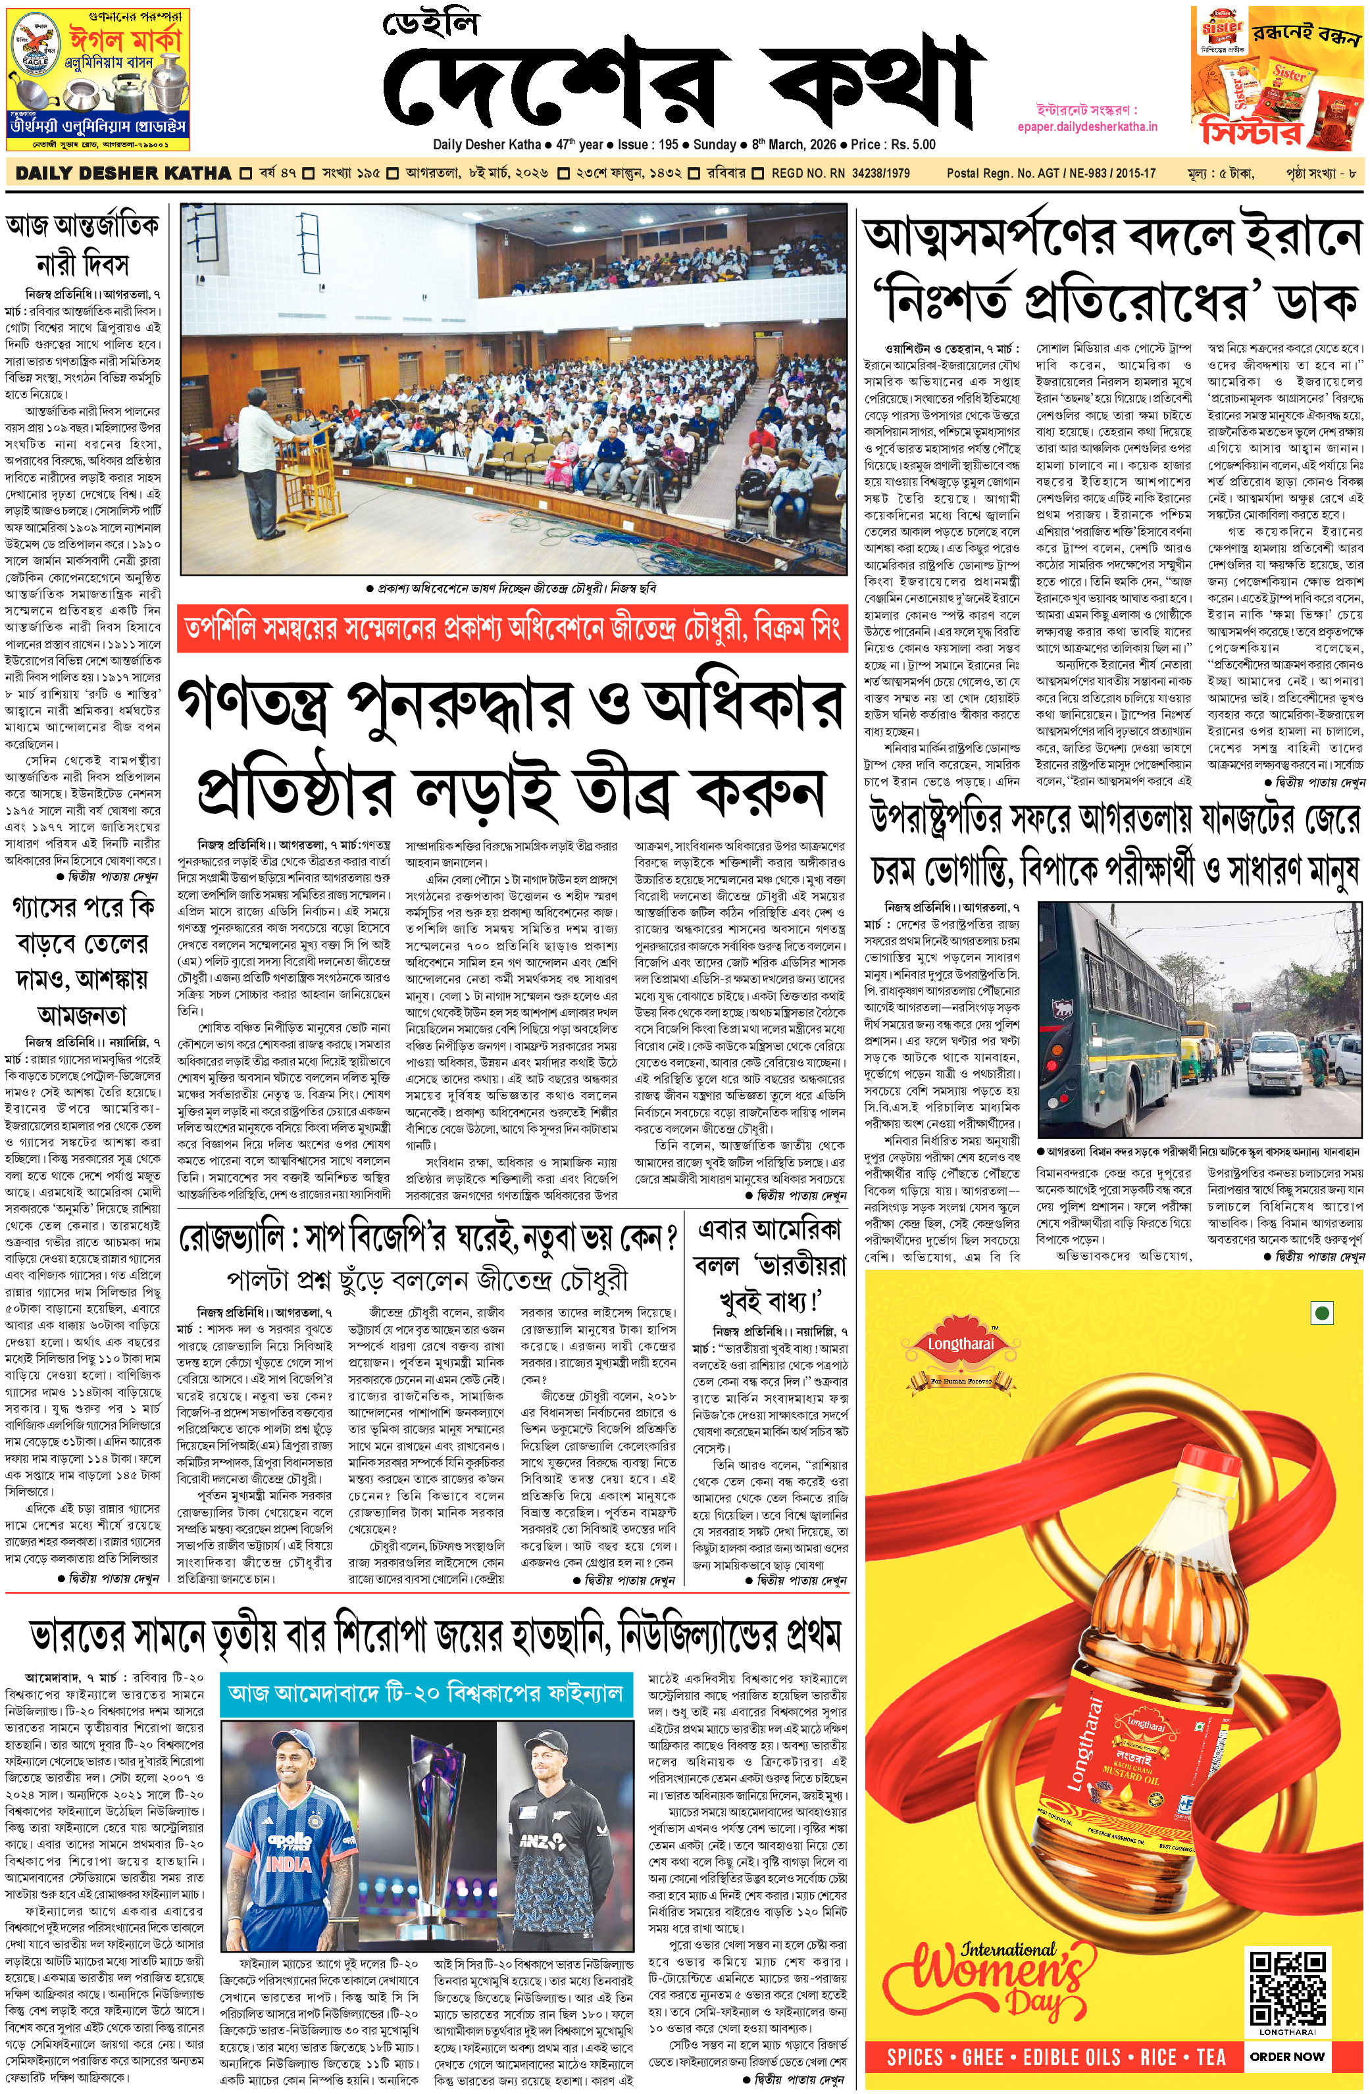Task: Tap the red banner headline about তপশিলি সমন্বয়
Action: tap(513, 629)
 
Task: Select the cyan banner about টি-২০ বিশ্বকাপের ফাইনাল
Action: tap(426, 1693)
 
